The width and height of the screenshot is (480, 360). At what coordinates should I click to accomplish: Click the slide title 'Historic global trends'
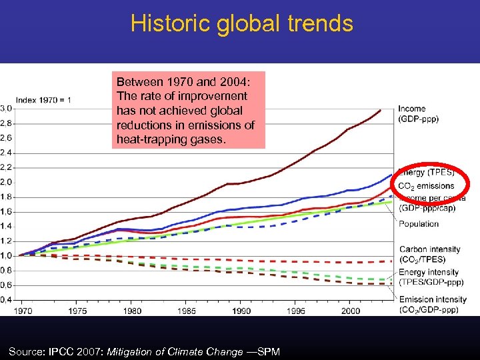point(241,23)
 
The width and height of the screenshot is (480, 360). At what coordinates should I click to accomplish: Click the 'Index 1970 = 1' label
point(43,100)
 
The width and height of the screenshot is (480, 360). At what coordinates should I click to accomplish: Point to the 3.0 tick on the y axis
point(5,109)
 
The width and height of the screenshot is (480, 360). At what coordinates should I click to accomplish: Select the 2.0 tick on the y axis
point(5,182)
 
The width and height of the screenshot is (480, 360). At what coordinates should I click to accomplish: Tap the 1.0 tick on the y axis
point(5,255)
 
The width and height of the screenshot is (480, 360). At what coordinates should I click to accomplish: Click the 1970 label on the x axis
point(23,311)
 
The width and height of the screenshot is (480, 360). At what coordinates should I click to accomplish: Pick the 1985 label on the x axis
point(187,311)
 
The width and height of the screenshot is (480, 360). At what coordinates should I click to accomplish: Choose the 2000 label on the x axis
point(351,311)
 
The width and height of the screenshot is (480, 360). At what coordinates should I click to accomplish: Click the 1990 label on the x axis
point(241,311)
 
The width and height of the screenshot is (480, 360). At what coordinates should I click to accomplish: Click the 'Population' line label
point(418,224)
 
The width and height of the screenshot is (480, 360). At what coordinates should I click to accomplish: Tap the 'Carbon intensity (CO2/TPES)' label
point(429,254)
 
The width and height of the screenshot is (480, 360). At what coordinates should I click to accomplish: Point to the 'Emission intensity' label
point(432,300)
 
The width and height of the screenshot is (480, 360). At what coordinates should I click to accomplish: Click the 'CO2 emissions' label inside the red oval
point(427,186)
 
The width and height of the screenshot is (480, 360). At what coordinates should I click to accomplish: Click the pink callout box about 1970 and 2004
point(188,110)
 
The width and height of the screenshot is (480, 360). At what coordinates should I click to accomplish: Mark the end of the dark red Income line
point(381,110)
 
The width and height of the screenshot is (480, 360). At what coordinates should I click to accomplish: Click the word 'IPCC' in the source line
point(63,351)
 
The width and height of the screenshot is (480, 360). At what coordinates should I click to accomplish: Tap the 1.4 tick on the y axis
point(5,226)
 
